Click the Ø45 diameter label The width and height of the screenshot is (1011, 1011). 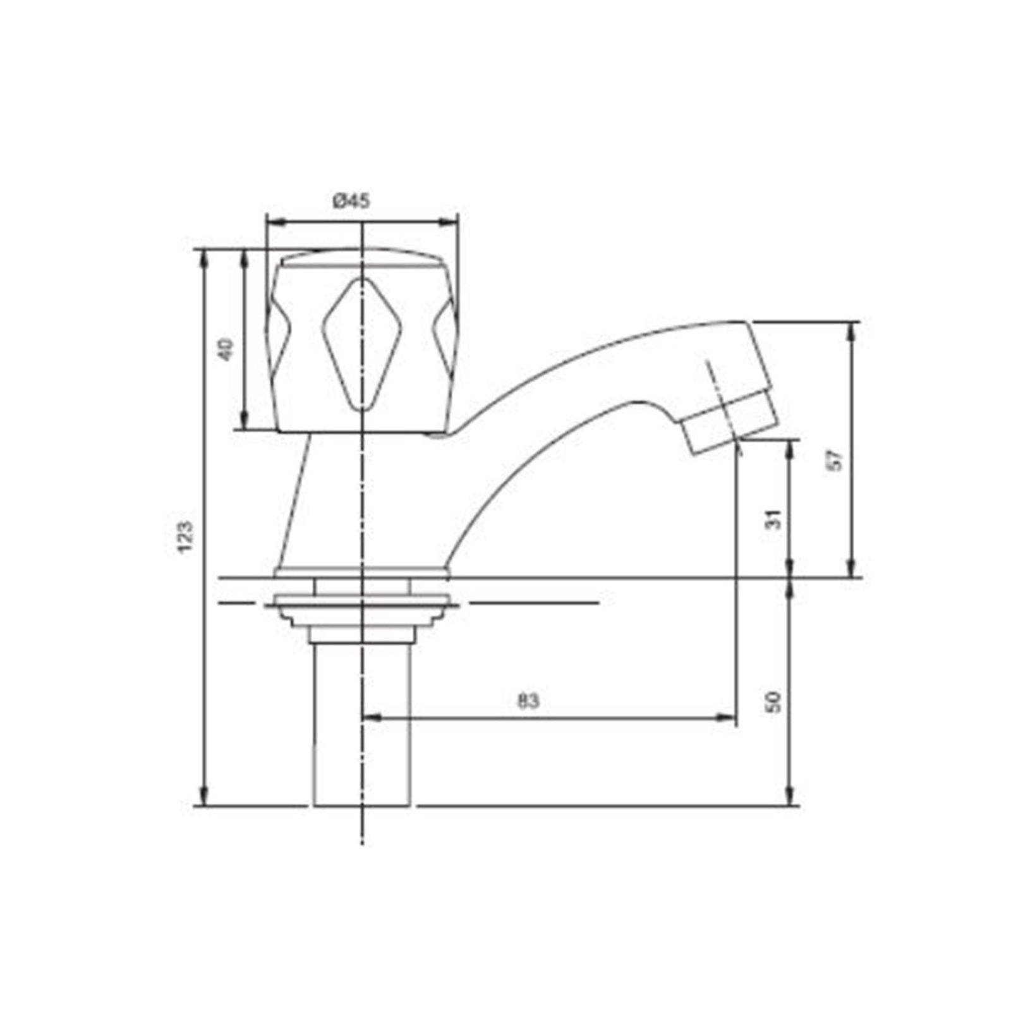click(351, 202)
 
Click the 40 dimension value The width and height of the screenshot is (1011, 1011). click(226, 349)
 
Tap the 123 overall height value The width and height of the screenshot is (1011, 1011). click(185, 537)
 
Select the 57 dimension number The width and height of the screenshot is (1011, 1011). click(837, 459)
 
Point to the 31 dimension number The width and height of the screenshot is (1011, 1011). click(775, 519)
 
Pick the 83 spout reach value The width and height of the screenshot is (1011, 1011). click(528, 701)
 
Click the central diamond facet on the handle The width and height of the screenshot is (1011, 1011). click(361, 344)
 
